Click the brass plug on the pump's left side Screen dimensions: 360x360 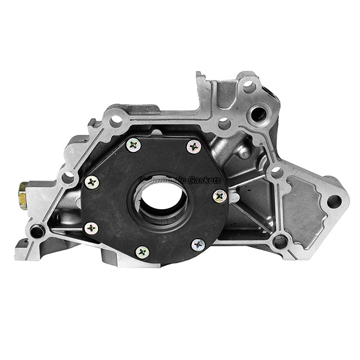pos(22,196)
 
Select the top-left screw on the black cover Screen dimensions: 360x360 pos(133,145)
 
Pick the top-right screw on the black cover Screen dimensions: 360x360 pos(193,147)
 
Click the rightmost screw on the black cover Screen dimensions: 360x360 pos(219,196)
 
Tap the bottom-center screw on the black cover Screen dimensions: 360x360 pos(143,251)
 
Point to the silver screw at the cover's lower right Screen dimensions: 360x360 pos(198,245)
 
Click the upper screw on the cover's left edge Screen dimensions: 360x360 pos(92,182)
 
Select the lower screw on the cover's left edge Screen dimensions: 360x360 pos(91,228)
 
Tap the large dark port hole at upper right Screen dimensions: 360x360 pos(258,115)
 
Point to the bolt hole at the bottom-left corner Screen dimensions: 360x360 pos(37,231)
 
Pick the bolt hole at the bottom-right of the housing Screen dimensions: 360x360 pos(280,242)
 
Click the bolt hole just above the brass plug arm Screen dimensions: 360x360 pos(68,178)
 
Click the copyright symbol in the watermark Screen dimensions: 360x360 pos(143,180)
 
